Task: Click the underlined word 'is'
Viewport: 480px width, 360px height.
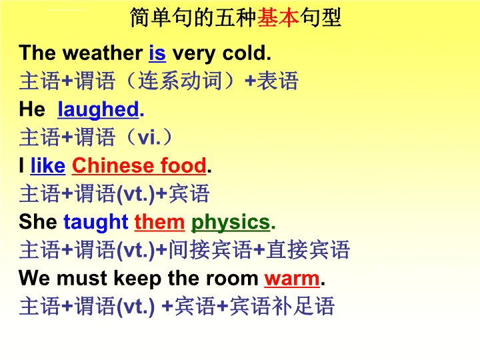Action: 157,53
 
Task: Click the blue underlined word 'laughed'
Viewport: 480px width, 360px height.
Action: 98,109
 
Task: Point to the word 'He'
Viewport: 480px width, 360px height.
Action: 32,109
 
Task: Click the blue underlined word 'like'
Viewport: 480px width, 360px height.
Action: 48,165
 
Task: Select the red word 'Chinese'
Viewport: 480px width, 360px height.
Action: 113,165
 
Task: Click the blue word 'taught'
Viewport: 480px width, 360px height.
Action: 96,222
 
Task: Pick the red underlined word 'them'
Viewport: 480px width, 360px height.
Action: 159,222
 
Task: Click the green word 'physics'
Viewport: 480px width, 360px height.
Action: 231,223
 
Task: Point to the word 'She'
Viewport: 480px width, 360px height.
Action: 38,221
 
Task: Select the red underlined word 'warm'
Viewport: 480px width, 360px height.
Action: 292,279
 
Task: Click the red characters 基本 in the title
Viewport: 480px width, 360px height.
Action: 278,17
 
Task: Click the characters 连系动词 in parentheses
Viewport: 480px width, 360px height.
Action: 180,81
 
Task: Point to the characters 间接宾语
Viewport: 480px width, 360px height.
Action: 210,250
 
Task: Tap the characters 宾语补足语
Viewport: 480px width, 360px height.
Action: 282,307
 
